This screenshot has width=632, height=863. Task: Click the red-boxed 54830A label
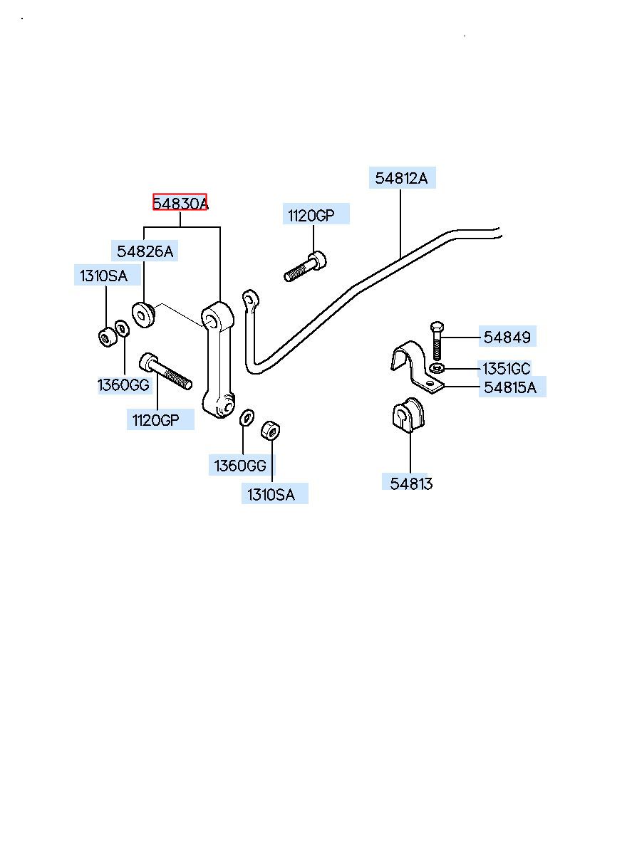pos(180,203)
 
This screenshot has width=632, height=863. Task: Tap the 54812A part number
pos(401,178)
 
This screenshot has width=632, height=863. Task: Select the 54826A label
pos(145,251)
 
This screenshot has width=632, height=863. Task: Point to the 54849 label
pos(507,337)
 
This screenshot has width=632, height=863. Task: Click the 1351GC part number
pos(507,369)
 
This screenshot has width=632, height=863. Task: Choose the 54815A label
pos(511,387)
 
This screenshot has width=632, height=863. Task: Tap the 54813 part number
pos(411,483)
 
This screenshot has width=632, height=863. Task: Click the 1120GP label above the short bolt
pos(311,215)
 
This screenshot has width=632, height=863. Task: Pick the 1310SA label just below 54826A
pos(104,276)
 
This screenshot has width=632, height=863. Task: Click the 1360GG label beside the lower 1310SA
pos(241,466)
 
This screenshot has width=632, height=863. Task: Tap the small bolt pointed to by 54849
pos(437,340)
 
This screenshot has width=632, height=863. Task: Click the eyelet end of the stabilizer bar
pos(249,298)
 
